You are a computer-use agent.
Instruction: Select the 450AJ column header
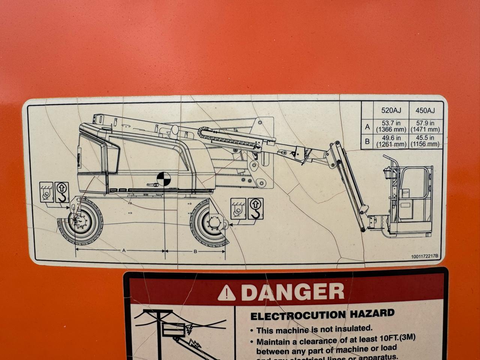pos(425,110)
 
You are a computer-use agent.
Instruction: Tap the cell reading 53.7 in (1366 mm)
pos(391,126)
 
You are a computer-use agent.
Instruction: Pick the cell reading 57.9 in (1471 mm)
pos(425,126)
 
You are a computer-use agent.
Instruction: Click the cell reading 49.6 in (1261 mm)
pos(391,141)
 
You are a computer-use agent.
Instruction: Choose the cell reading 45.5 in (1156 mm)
pos(425,141)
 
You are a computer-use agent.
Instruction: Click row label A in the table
pos(367,127)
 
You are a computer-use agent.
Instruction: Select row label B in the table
pos(367,141)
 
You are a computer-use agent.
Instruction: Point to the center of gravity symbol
pos(164,179)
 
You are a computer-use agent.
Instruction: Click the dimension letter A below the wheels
pos(124,250)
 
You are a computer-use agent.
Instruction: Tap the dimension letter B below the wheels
pos(195,251)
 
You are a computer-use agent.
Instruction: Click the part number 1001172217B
pos(424,256)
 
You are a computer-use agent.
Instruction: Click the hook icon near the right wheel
pos(255,208)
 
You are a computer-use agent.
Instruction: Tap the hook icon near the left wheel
pos(62,192)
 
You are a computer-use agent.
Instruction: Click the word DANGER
pos(292,292)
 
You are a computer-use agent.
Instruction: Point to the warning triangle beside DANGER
pos(226,293)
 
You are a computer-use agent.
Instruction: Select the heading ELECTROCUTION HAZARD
pos(322,315)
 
